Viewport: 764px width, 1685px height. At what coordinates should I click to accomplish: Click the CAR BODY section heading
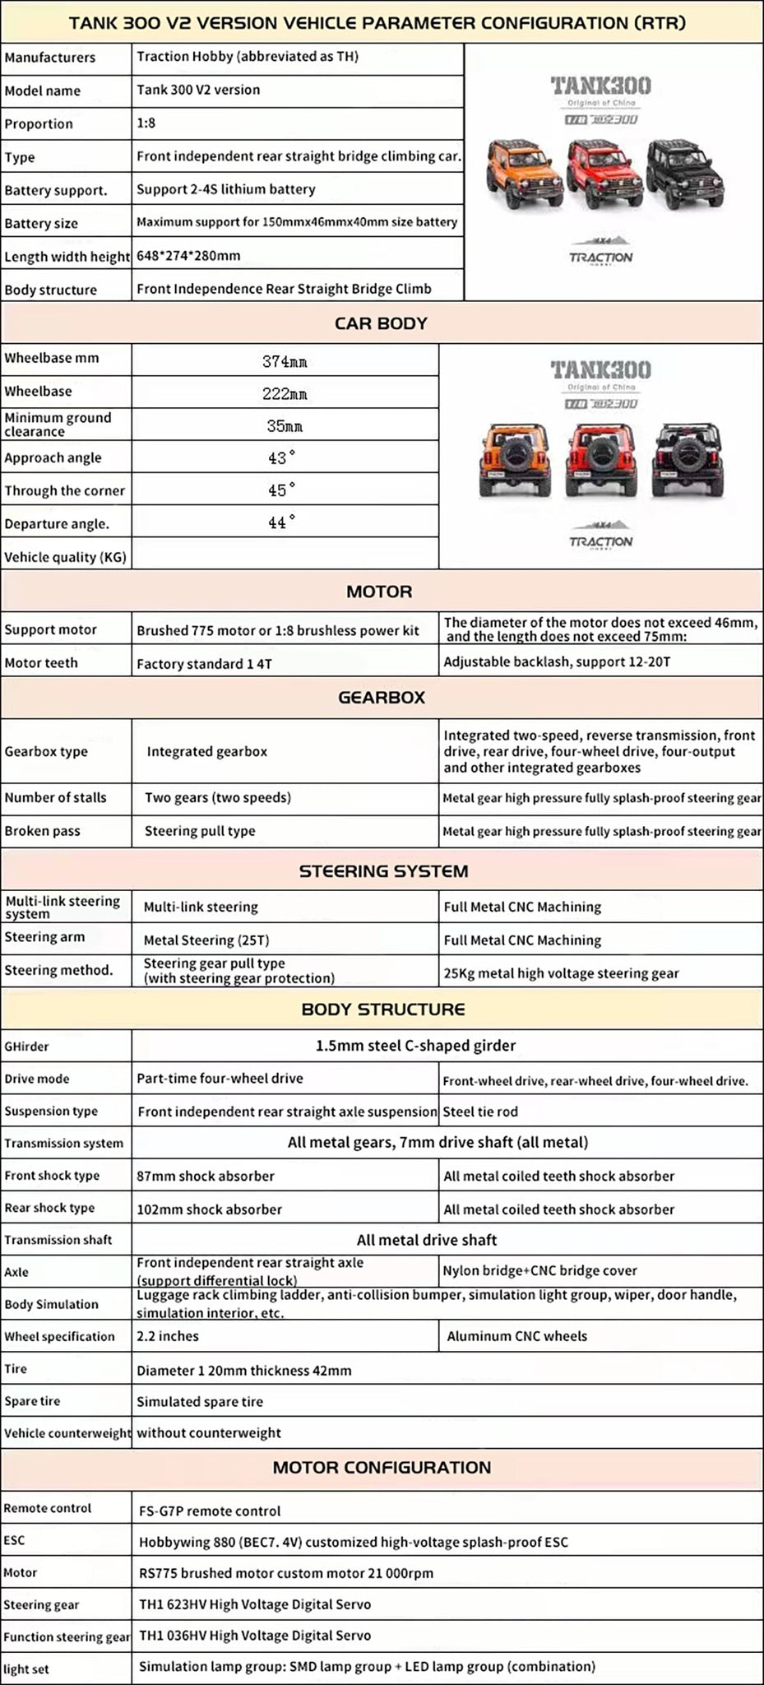pyautogui.click(x=381, y=323)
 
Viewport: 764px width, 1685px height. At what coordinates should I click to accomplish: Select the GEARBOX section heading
pyautogui.click(x=381, y=697)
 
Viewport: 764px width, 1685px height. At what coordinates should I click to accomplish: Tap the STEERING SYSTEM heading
pyautogui.click(x=383, y=870)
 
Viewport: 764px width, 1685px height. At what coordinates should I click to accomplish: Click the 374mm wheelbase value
pyautogui.click(x=285, y=361)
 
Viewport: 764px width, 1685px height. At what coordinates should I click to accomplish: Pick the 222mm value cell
pyautogui.click(x=285, y=394)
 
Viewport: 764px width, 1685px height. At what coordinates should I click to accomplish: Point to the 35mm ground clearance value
pyautogui.click(x=285, y=426)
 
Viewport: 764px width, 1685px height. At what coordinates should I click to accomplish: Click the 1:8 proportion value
pyautogui.click(x=146, y=123)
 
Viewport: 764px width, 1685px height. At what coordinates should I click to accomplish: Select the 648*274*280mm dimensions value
pyautogui.click(x=188, y=255)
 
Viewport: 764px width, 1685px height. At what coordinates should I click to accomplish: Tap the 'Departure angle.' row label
pyautogui.click(x=57, y=524)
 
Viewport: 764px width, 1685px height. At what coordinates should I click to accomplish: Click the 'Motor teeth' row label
pyautogui.click(x=41, y=663)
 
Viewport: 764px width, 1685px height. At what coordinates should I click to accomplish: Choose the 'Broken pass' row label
pyautogui.click(x=42, y=831)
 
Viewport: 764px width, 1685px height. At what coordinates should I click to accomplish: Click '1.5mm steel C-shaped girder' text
pyautogui.click(x=415, y=1046)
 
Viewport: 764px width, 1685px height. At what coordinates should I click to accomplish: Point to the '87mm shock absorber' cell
pyautogui.click(x=206, y=1177)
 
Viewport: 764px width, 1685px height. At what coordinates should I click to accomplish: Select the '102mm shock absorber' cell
pyautogui.click(x=209, y=1209)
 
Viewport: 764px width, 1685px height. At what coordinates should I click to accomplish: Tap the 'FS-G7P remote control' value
pyautogui.click(x=210, y=1511)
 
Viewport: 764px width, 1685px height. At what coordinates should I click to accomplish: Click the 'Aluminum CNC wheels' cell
pyautogui.click(x=516, y=1336)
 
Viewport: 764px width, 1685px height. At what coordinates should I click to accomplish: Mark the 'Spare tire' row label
pyautogui.click(x=32, y=1401)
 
